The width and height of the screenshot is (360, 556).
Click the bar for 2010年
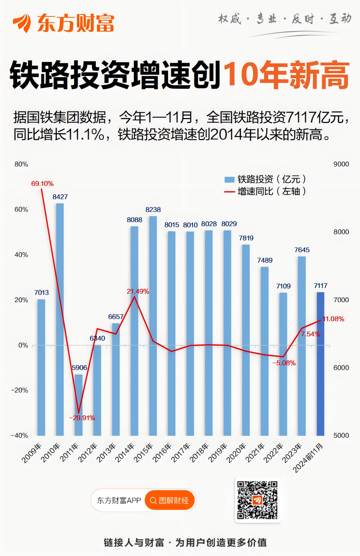click(x=60, y=319)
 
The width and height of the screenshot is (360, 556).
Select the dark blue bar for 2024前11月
click(x=320, y=364)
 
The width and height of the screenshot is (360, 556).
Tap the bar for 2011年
click(x=79, y=405)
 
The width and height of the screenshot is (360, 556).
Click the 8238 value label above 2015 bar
click(x=153, y=209)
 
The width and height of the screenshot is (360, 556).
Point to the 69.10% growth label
click(x=42, y=183)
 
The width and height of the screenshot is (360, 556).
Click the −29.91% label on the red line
click(x=82, y=418)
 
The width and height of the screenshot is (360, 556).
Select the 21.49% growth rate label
click(x=138, y=291)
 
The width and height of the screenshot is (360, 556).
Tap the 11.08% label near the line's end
click(x=333, y=319)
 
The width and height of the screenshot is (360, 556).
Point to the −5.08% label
click(x=284, y=363)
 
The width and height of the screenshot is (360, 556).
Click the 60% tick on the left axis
click(x=21, y=209)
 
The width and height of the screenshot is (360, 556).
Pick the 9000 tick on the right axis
click(x=341, y=164)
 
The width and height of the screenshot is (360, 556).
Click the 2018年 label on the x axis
click(x=199, y=453)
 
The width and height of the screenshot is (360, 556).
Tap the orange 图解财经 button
click(x=169, y=500)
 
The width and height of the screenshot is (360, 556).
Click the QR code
click(x=257, y=500)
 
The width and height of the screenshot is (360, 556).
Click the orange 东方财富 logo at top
click(x=64, y=23)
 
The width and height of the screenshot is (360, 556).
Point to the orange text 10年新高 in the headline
click(x=286, y=75)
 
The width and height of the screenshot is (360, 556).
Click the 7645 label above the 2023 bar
click(x=302, y=250)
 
